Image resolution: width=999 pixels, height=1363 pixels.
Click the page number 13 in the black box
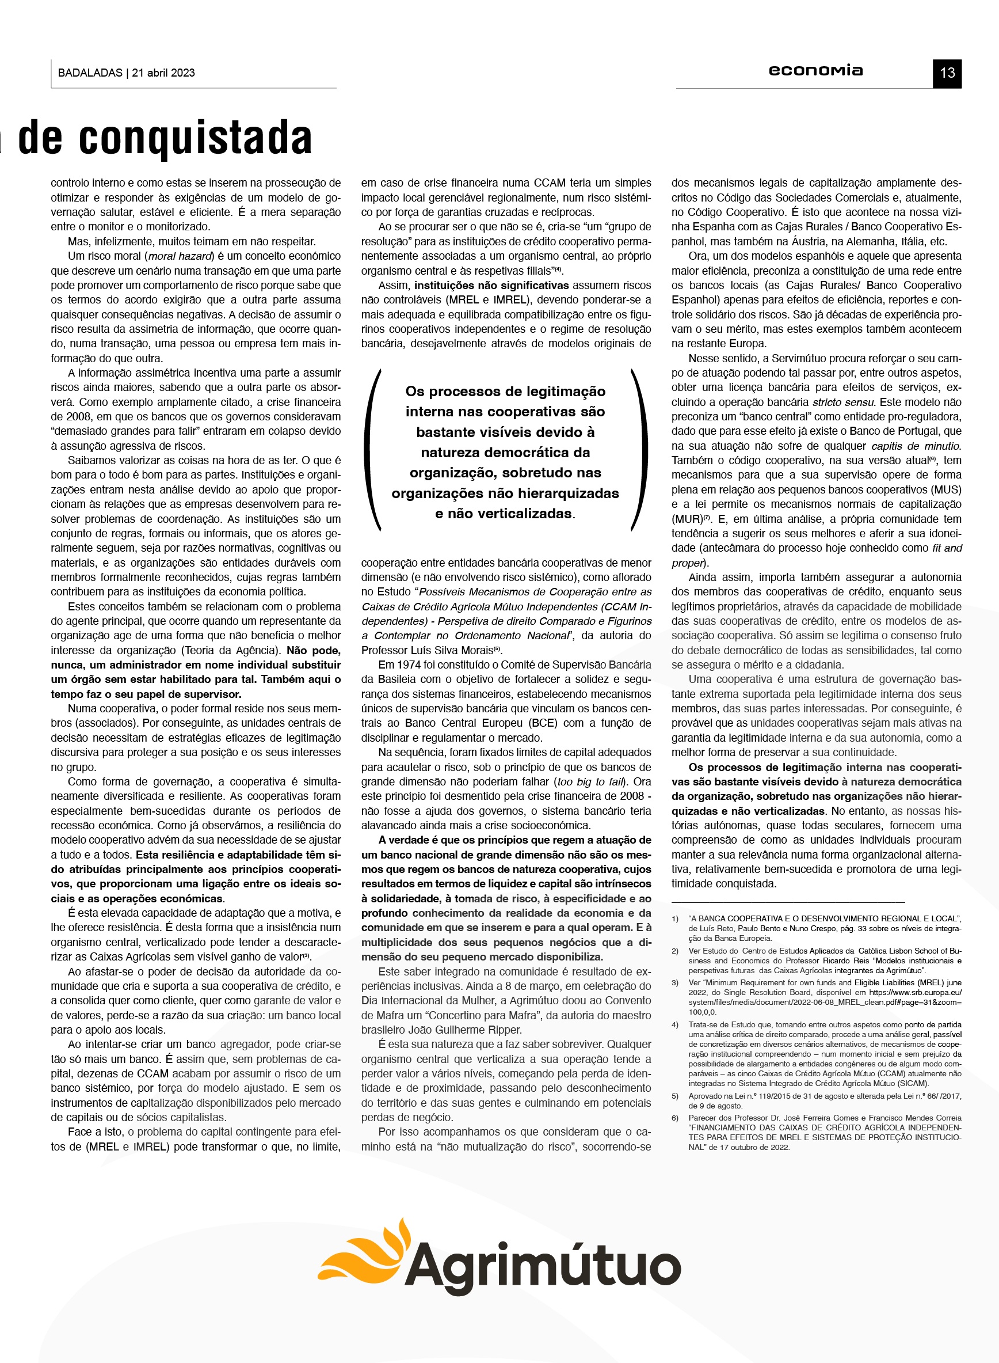click(947, 73)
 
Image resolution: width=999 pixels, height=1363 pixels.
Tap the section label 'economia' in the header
click(815, 71)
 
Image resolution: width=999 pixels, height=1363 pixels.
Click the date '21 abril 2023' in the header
click(163, 73)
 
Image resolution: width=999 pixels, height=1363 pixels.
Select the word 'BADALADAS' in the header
click(90, 73)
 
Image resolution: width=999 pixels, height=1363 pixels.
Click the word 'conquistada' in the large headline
click(195, 138)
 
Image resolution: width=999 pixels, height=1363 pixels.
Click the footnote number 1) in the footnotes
click(675, 919)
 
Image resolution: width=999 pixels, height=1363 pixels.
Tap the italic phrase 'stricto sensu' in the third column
click(844, 403)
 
